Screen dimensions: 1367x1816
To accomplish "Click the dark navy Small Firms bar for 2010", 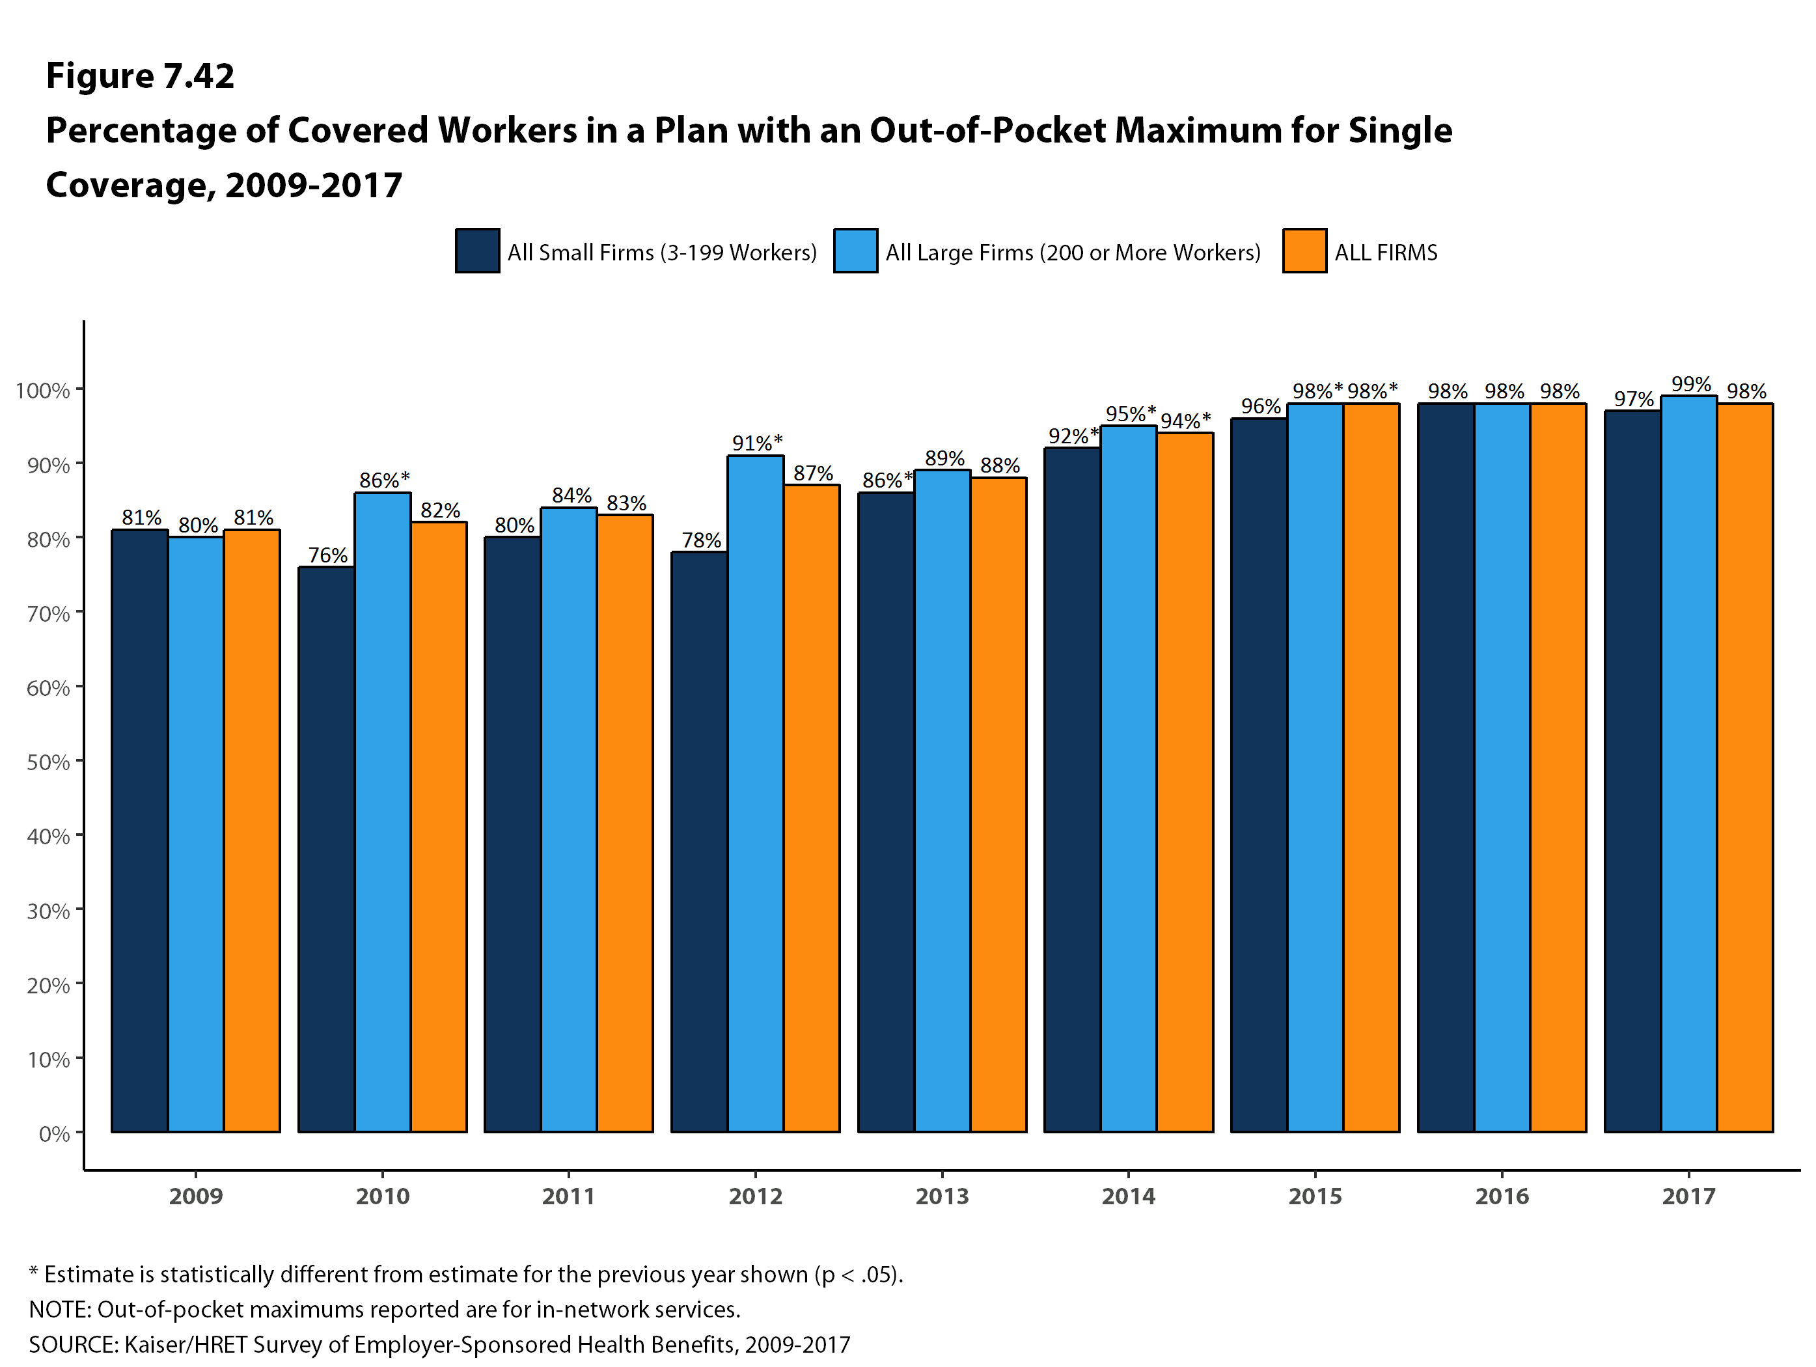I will click(327, 849).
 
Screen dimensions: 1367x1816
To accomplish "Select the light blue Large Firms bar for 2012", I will click(755, 793).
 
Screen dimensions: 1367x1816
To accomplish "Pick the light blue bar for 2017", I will click(1688, 764).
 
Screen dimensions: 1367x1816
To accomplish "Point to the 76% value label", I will click(327, 555).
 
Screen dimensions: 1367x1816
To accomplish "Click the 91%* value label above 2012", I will click(757, 443).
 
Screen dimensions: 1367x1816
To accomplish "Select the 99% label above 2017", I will click(1691, 384).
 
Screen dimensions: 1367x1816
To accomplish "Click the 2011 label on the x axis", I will click(569, 1196).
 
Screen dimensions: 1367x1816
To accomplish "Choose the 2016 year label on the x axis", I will click(1502, 1196).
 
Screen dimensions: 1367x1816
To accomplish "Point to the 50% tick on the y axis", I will click(48, 762).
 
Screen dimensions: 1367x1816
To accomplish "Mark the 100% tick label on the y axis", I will click(43, 390).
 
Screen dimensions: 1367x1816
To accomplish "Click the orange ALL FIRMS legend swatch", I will click(1304, 251).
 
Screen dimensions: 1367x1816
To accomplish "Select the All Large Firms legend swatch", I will click(855, 251).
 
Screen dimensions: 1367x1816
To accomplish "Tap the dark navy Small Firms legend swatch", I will click(478, 251).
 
